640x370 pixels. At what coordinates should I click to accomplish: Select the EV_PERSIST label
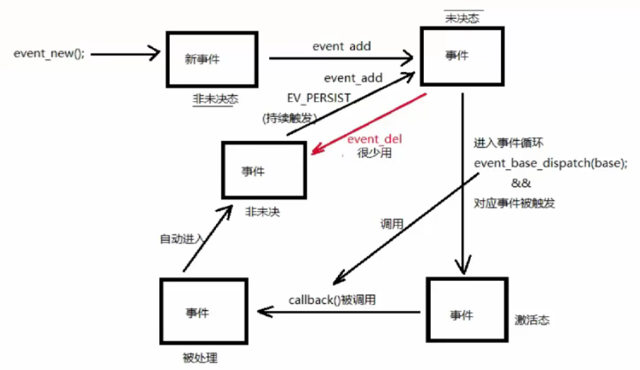(319, 99)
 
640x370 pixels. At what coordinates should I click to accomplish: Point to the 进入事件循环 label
(503, 142)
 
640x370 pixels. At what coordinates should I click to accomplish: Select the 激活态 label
(532, 319)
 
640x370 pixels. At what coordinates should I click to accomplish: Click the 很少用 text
(374, 152)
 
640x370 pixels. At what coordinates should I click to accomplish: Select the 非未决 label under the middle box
(262, 212)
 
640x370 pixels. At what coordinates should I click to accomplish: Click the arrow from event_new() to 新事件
(126, 53)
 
